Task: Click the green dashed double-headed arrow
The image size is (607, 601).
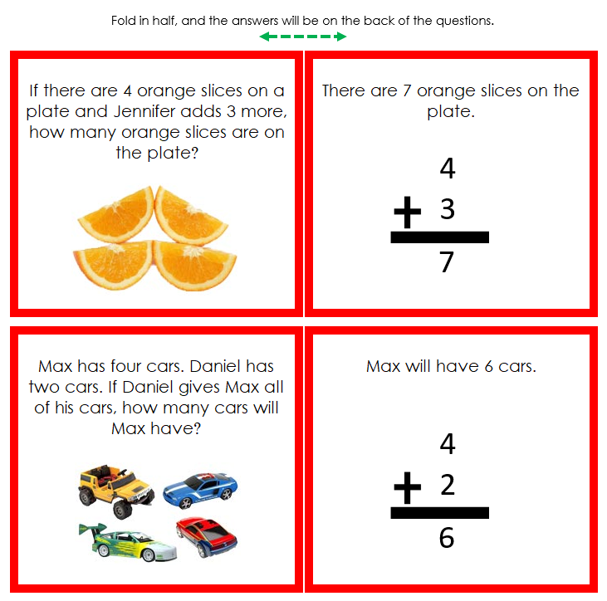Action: (302, 37)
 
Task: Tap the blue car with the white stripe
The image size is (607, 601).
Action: (200, 490)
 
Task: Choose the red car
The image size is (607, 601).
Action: (206, 537)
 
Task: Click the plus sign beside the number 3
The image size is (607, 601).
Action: (408, 213)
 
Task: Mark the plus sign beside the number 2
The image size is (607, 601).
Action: (408, 487)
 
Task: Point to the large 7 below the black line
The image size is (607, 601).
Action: (447, 262)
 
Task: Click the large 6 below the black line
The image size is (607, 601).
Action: (447, 538)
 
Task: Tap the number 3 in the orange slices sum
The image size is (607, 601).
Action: (448, 210)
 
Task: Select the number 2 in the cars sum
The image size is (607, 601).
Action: (448, 485)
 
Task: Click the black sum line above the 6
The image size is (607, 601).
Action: (440, 513)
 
